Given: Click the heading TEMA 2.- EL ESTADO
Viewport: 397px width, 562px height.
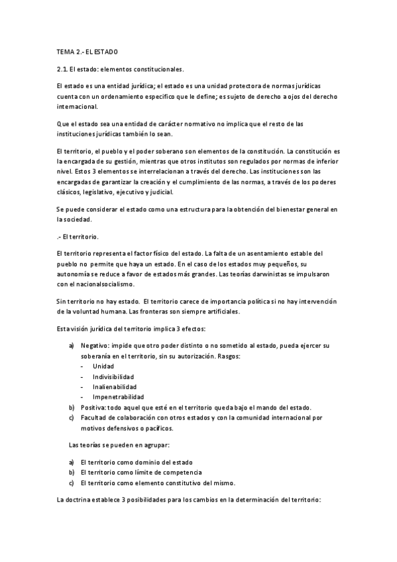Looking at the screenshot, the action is tap(87, 51).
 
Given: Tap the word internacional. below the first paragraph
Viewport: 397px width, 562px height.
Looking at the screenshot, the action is tap(77, 106).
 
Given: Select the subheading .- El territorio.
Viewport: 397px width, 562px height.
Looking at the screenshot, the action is tap(77, 236).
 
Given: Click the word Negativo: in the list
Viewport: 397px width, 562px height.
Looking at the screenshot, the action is tap(96, 346).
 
